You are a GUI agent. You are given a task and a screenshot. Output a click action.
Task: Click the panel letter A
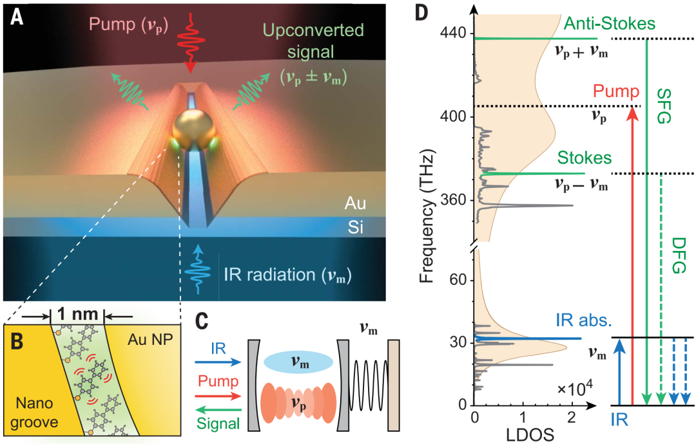(x=17, y=17)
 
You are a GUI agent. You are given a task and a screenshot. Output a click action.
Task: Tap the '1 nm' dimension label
(x=77, y=316)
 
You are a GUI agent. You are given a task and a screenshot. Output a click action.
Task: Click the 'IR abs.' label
(x=583, y=321)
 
